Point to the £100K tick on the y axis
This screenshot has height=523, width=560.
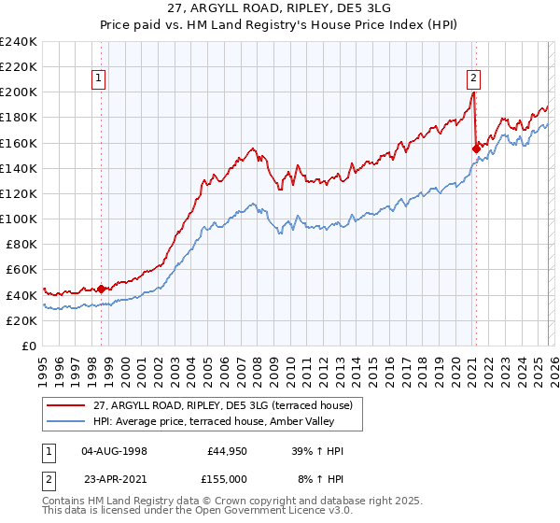[x=19, y=219]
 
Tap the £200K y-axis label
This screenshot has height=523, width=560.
[x=19, y=92]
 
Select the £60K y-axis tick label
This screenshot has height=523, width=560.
[x=21, y=269]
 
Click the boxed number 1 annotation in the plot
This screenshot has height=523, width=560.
[x=100, y=78]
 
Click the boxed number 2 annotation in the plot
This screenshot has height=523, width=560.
[x=474, y=78]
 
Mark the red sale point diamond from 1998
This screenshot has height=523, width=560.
[x=101, y=289]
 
